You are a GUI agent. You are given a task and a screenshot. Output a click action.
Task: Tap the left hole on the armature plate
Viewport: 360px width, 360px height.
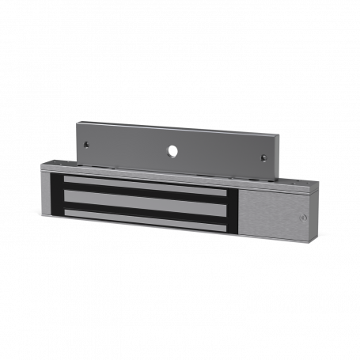[87, 145]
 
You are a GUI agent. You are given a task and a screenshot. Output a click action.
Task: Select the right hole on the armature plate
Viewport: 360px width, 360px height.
[263, 157]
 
